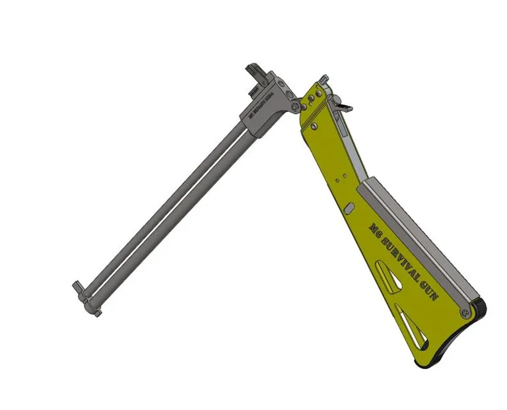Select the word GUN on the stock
click(427, 289)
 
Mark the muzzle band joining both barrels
click(87, 301)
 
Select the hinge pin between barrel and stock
click(294, 104)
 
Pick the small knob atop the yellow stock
click(322, 80)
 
